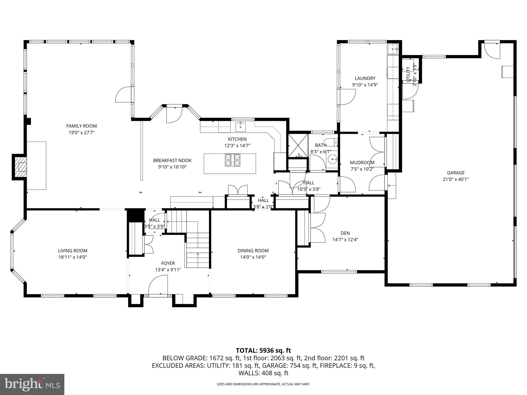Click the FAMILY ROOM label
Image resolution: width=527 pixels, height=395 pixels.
point(81,126)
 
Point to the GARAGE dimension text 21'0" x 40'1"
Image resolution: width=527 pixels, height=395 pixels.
point(455,179)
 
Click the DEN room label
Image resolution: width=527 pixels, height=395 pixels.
point(345,233)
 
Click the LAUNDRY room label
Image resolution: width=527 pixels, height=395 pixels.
point(365,78)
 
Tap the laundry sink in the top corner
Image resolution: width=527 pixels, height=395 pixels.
point(393,49)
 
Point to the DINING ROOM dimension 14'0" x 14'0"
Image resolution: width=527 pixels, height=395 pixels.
point(253,257)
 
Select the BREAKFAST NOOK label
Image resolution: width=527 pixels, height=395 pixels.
point(172,160)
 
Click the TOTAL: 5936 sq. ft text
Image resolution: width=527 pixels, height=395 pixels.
point(263,350)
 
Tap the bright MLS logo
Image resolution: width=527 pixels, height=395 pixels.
point(32,384)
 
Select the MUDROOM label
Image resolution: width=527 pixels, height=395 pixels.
point(362,163)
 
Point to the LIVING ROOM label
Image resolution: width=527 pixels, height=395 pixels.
point(73,250)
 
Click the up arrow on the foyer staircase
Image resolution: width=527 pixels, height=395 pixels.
point(198,255)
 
